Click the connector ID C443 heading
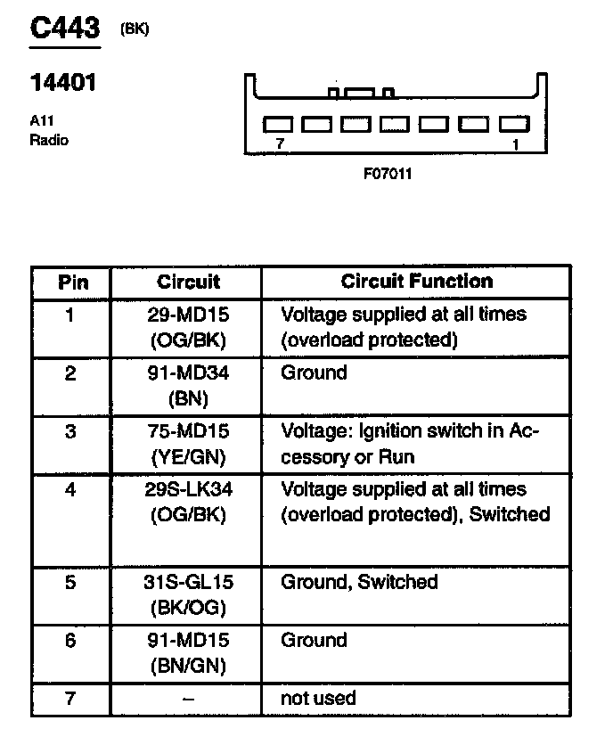(64, 28)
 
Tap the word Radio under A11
(48, 140)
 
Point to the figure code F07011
(387, 173)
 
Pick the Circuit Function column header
(416, 282)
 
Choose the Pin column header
(73, 282)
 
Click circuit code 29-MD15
(188, 315)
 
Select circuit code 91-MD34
(188, 372)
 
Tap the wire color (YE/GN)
(188, 456)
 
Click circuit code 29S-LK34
(188, 489)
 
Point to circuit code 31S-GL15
(188, 582)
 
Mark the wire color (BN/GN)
(188, 665)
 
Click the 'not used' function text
(318, 698)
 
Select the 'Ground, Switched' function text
(359, 582)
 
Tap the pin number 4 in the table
(71, 489)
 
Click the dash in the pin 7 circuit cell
(188, 699)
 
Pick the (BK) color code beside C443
(135, 29)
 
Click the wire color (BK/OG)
(188, 607)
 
